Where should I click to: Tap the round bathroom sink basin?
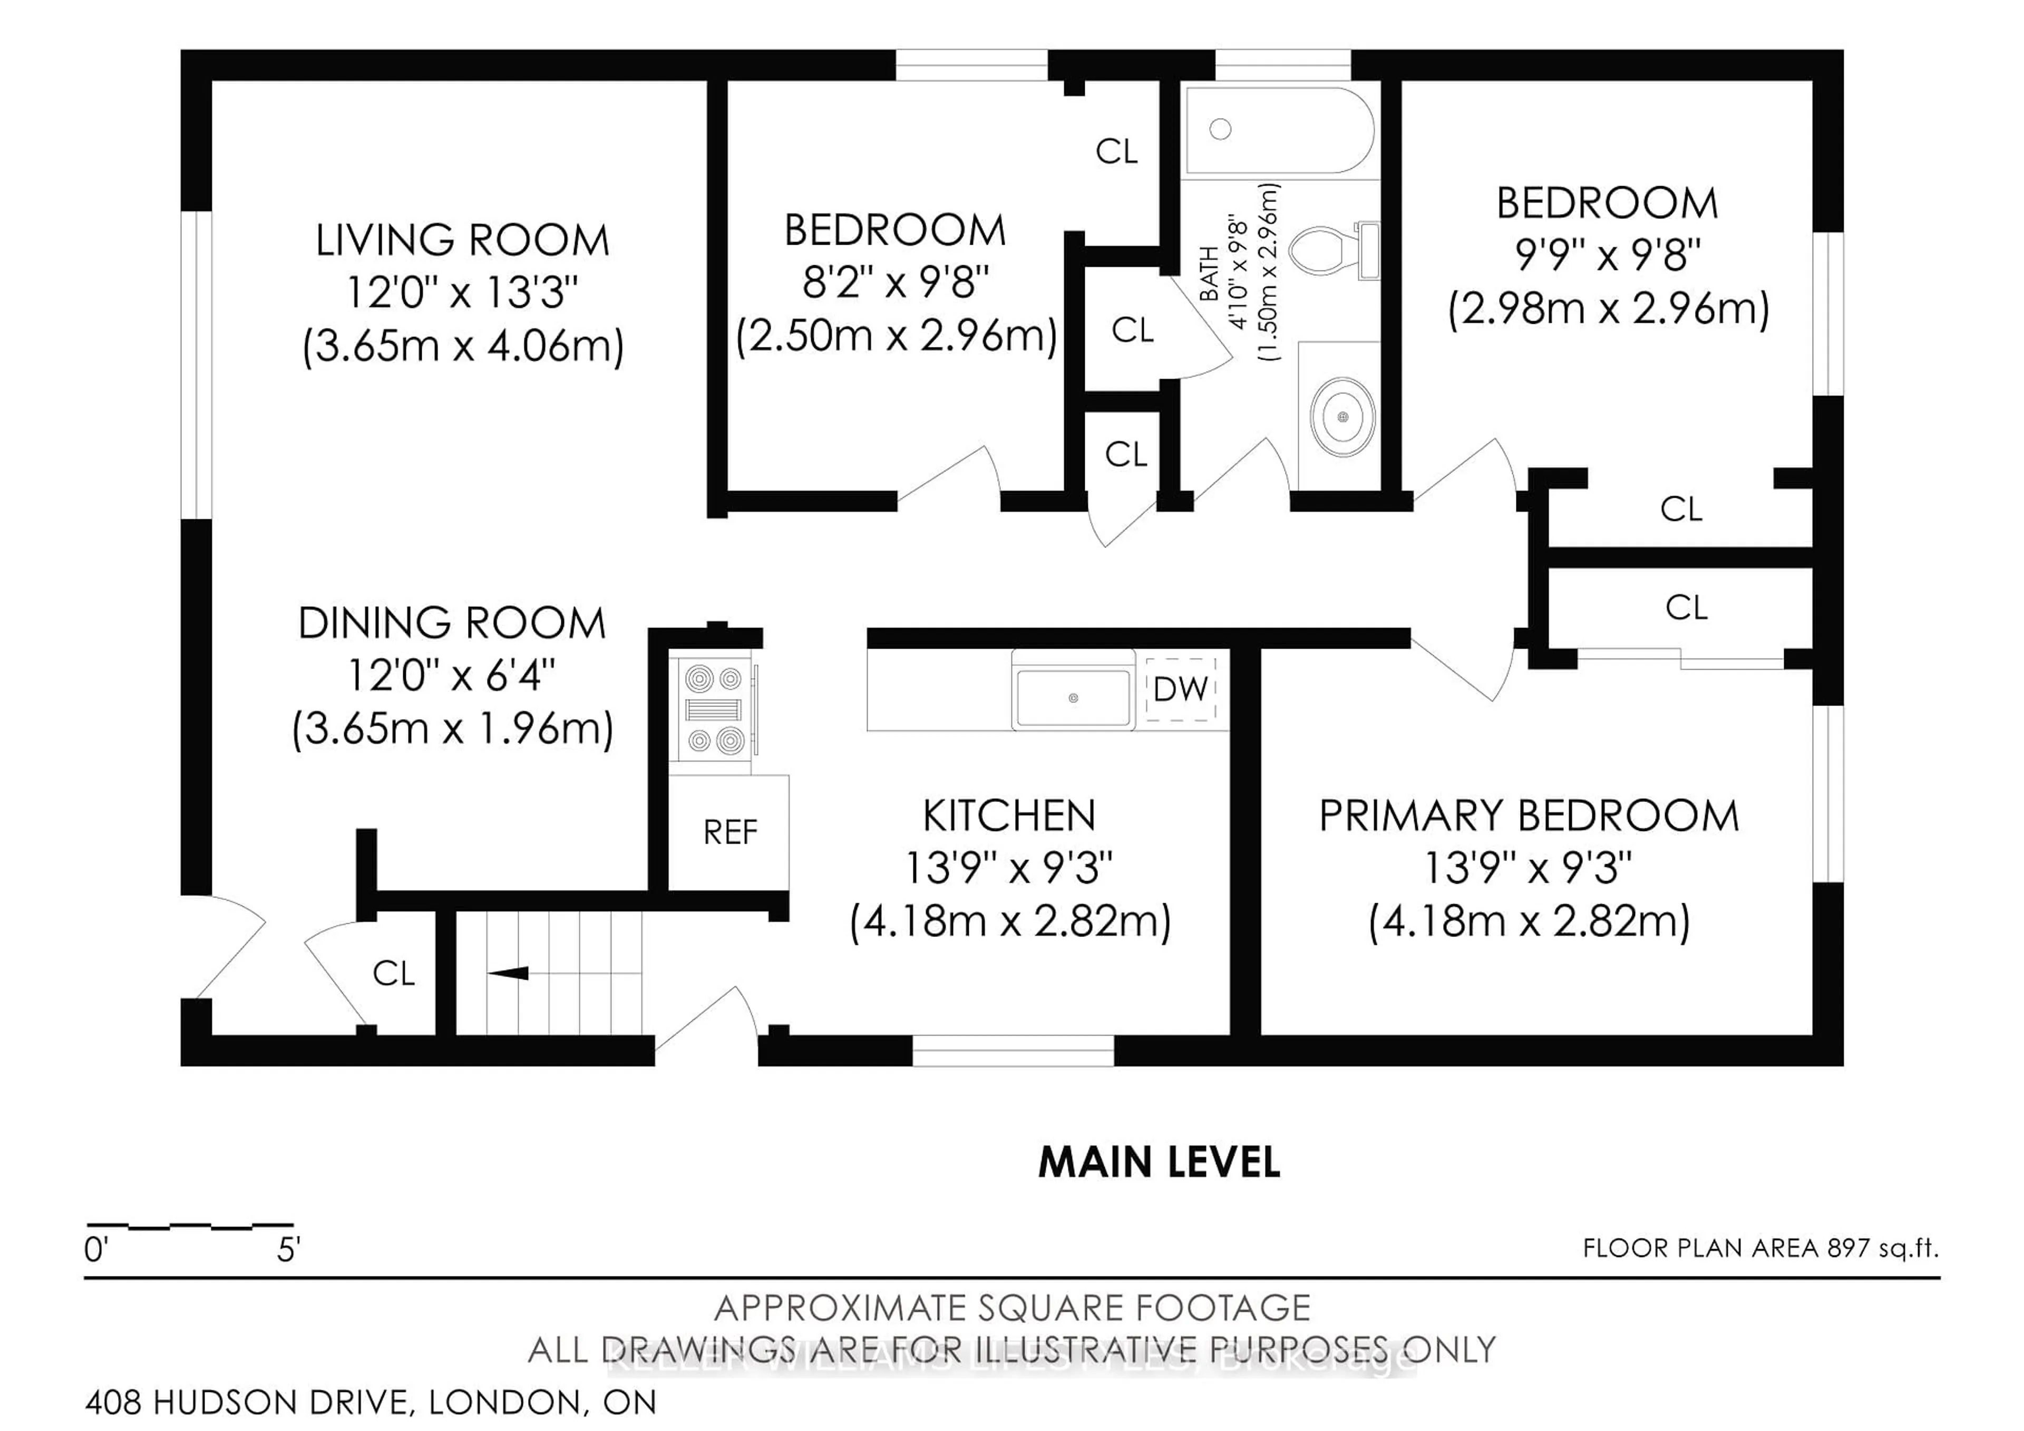1342,416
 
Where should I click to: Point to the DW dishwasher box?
1180,689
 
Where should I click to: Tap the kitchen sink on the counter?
1072,698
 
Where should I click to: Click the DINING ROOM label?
451,623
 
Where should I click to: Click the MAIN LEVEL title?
1159,1162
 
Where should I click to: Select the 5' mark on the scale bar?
288,1250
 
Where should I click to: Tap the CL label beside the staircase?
393,973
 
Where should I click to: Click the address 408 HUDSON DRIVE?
247,1402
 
